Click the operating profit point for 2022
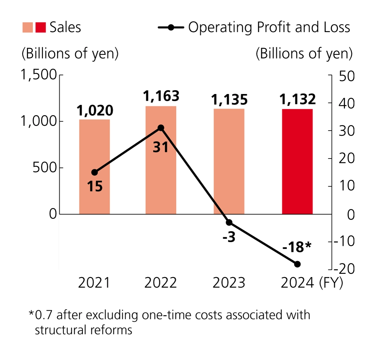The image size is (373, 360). pos(161,128)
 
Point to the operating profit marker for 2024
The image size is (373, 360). pos(297,264)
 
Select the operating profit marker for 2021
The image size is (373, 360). pos(94,172)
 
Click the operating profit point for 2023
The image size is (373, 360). pos(229,222)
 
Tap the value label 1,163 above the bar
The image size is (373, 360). pos(161,96)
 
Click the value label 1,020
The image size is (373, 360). pos(95,110)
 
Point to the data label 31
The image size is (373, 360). pos(161,147)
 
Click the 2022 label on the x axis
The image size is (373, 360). pos(161,283)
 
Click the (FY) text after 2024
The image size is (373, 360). pos(331,283)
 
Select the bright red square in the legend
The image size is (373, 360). pos(40,27)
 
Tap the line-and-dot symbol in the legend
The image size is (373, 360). pos(170,28)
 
